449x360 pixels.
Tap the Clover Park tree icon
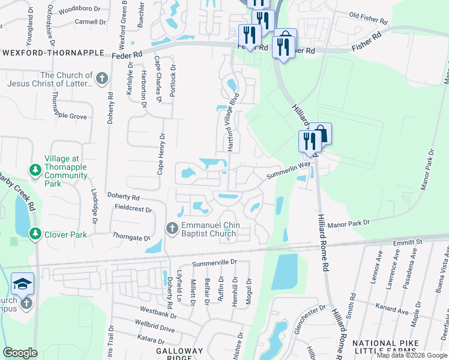tap(35, 233)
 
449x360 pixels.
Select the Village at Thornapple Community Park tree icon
tap(35, 170)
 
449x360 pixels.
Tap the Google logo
tap(20, 353)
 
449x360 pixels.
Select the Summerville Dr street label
tap(215, 263)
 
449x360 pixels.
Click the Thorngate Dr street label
tap(131, 238)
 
